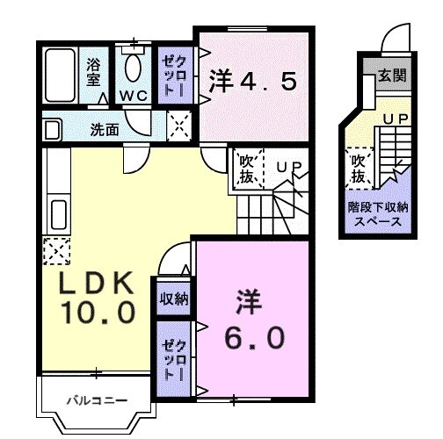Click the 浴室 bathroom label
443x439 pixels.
pyautogui.click(x=92, y=69)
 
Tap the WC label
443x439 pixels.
pyautogui.click(x=134, y=94)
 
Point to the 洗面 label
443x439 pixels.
pyautogui.click(x=105, y=130)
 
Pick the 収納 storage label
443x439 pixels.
pyautogui.click(x=174, y=299)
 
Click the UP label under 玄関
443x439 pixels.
pyautogui.click(x=394, y=116)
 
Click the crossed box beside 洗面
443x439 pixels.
pyautogui.click(x=180, y=128)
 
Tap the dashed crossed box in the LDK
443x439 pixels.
pyautogui.click(x=54, y=250)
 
